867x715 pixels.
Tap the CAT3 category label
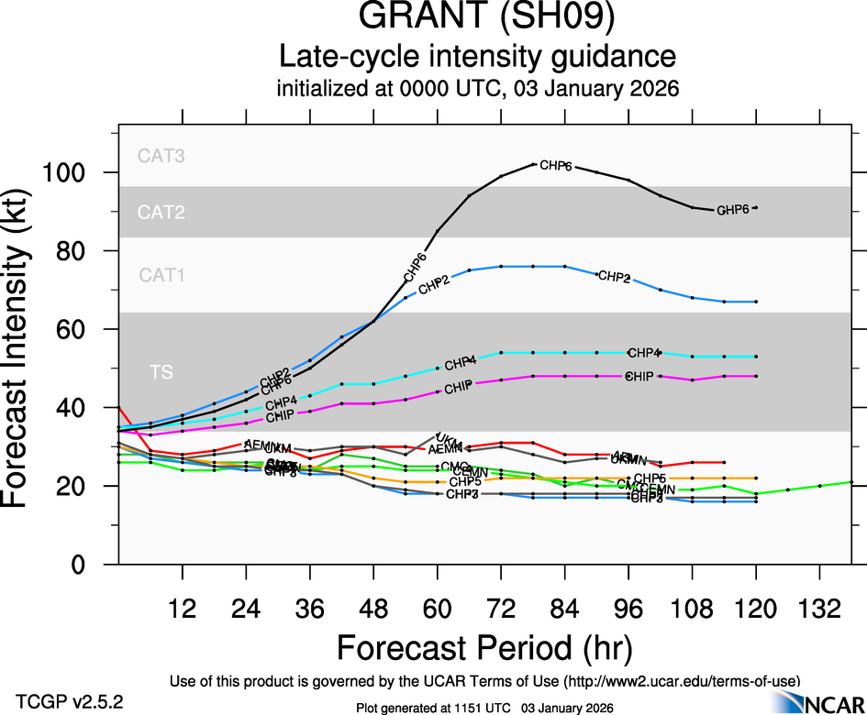pos(161,156)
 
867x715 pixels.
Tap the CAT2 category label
pos(161,213)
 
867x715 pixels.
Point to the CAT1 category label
pos(161,274)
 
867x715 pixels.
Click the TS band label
pos(161,372)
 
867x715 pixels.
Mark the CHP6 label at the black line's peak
pos(556,166)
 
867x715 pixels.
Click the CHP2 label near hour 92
pos(614,276)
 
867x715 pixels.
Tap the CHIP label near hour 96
pos(641,377)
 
